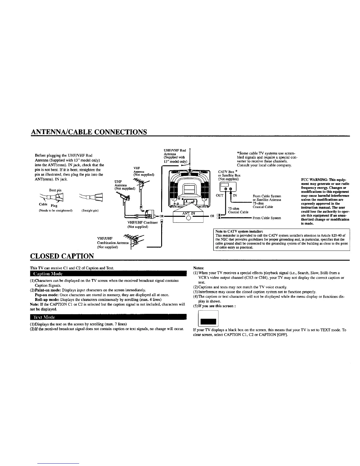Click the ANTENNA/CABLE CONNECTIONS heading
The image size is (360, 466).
(x=89, y=131)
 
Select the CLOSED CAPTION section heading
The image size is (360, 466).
(x=62, y=256)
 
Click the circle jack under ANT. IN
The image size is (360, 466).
(x=189, y=218)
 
